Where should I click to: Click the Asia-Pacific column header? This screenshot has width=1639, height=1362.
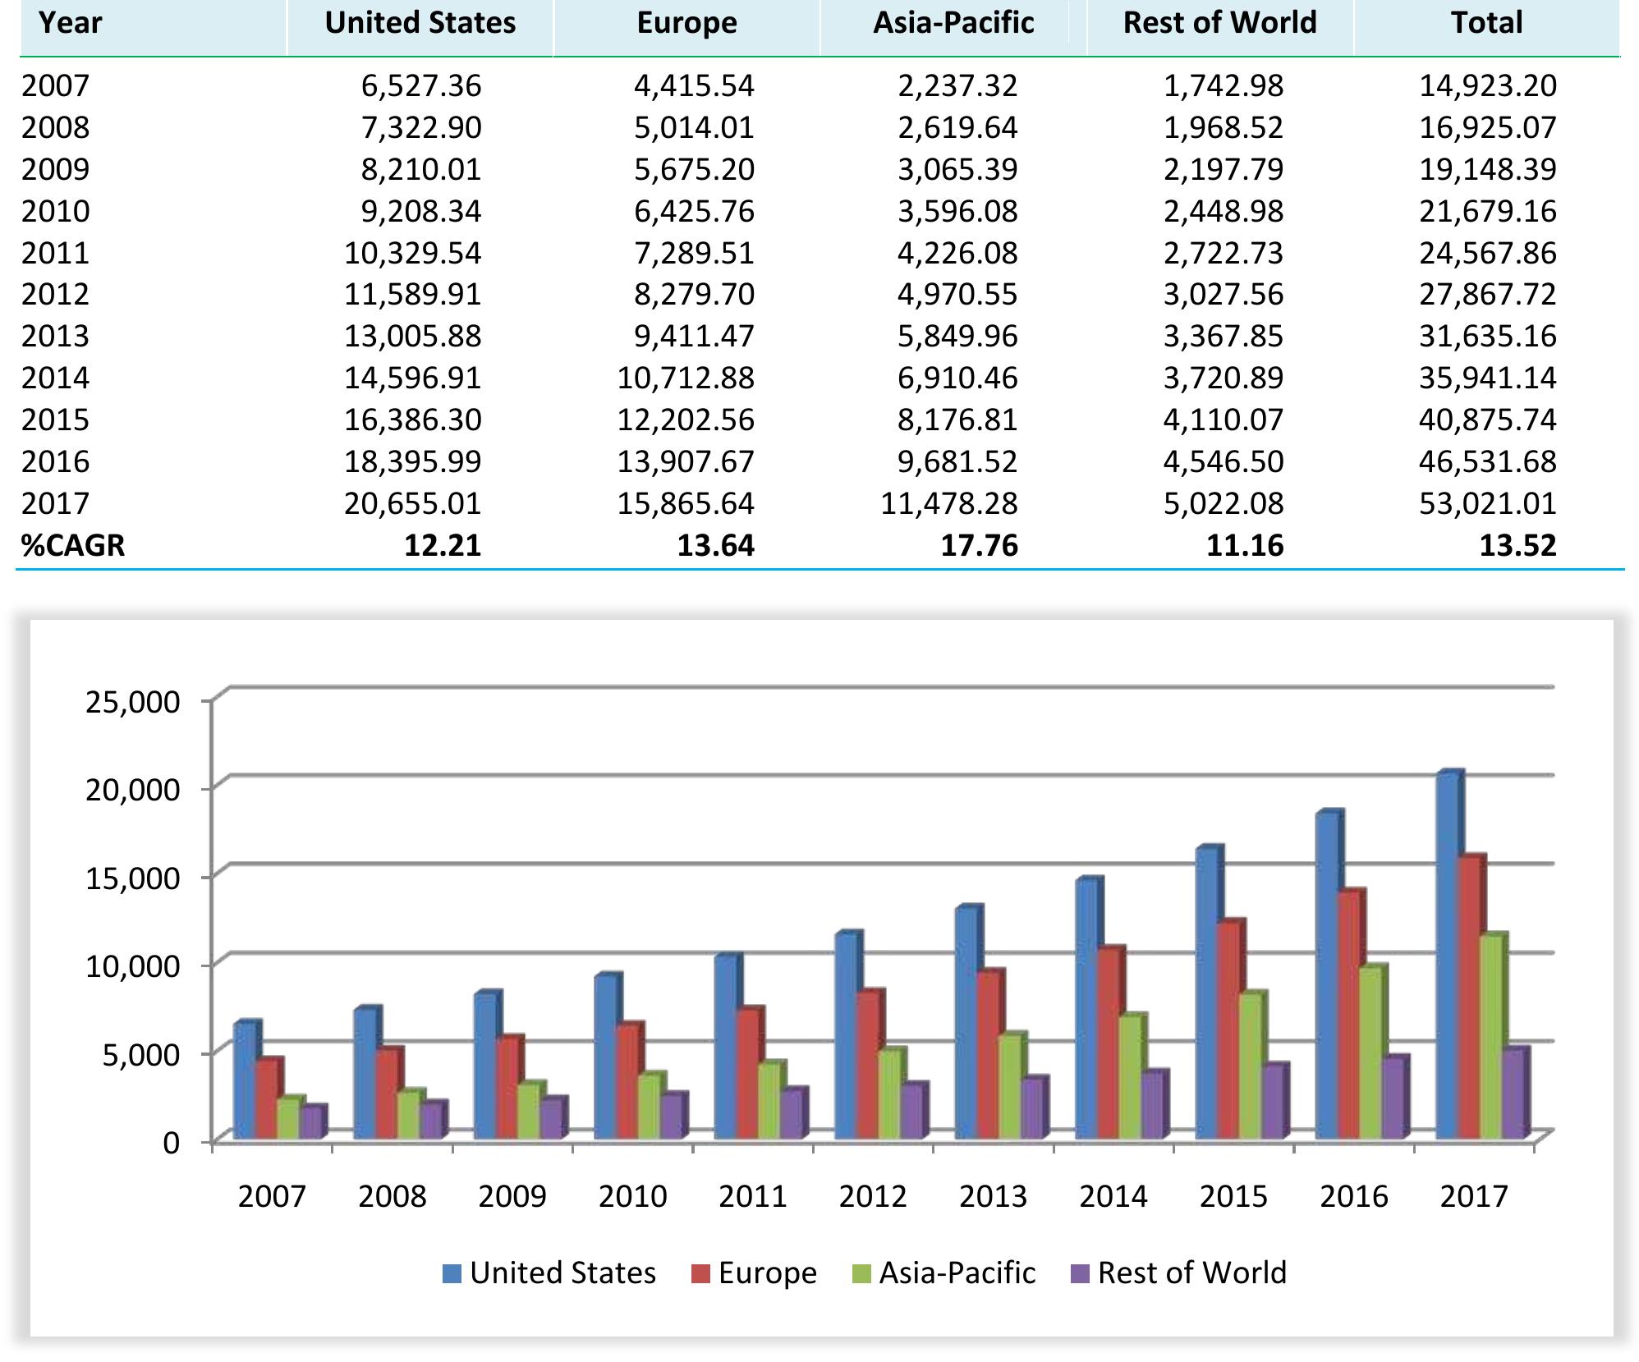(953, 23)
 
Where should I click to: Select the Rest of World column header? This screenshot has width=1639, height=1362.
(1219, 23)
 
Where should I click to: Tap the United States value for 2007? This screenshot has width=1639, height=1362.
(420, 85)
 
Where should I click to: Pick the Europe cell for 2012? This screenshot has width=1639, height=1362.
(693, 294)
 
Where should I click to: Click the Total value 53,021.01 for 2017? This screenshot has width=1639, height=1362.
(1487, 503)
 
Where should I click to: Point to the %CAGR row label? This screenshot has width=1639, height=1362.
(73, 545)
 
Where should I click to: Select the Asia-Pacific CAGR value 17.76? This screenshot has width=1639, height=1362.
(979, 545)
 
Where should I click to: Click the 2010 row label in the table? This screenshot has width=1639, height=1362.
(55, 211)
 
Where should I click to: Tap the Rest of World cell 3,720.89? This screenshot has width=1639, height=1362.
(1223, 378)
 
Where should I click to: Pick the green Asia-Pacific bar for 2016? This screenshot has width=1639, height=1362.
(1370, 1053)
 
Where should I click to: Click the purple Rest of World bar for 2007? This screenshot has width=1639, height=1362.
(311, 1123)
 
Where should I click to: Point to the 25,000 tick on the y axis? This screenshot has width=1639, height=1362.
(132, 702)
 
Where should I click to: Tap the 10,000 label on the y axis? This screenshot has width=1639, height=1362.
(132, 966)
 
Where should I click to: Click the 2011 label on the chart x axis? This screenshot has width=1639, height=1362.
(752, 1195)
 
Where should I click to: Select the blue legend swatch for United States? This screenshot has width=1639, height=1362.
(452, 1273)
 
